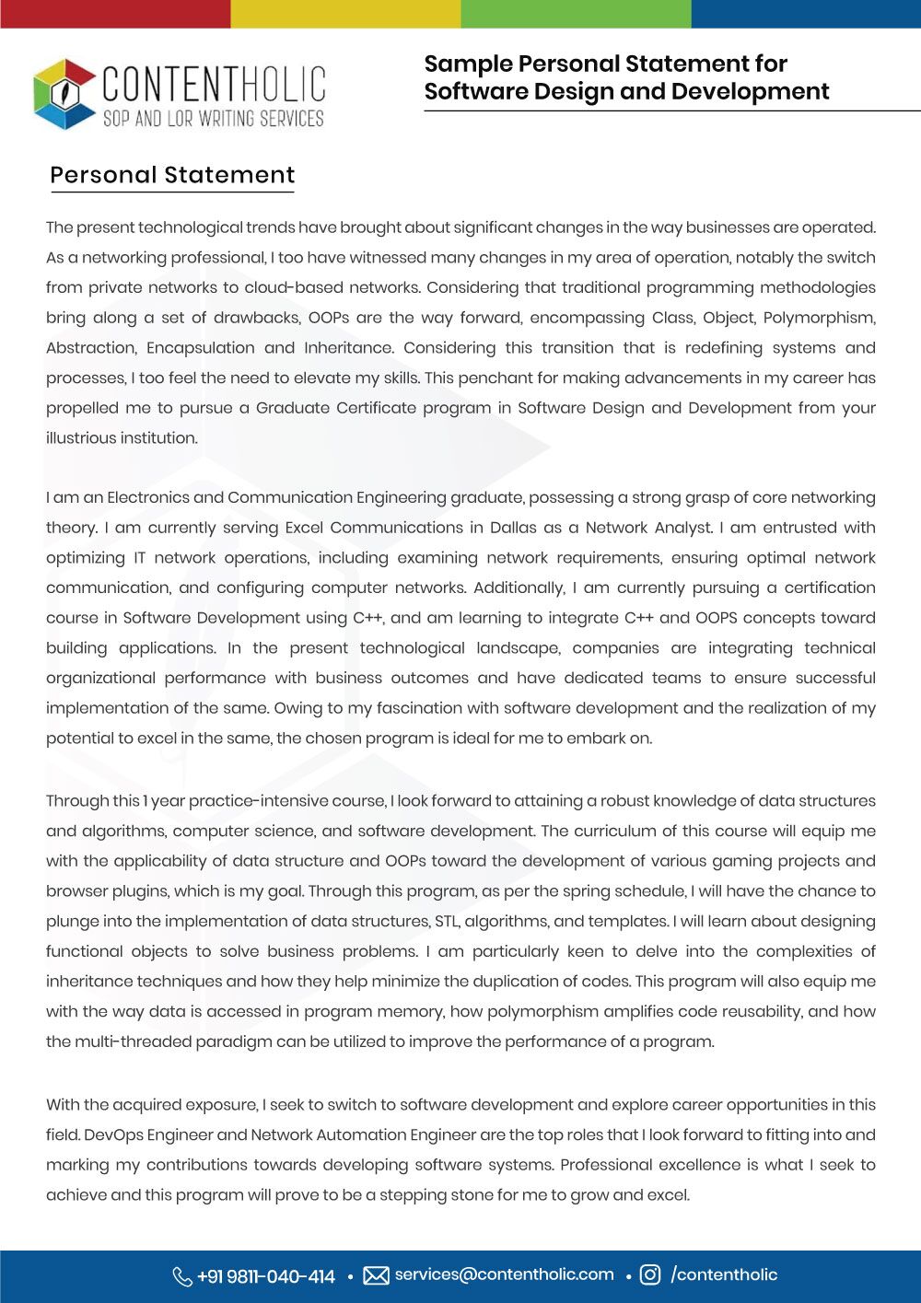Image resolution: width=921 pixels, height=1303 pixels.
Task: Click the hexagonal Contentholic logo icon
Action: point(64,93)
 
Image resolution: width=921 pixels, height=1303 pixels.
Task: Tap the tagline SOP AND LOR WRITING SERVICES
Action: point(213,119)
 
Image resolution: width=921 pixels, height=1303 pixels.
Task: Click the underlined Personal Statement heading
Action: point(172,175)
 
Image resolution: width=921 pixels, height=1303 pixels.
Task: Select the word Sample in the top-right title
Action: point(467,64)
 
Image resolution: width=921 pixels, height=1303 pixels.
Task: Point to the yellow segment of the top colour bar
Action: point(345,14)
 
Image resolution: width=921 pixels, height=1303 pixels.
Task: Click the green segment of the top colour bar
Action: point(576,14)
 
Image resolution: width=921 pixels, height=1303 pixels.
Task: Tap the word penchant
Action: point(506,378)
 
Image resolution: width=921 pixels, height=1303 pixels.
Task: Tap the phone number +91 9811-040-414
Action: point(266,1276)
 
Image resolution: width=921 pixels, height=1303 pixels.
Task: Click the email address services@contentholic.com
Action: point(504,1274)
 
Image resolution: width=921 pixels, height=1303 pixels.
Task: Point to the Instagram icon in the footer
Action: point(650,1274)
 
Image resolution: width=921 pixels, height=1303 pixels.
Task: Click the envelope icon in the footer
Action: point(376,1275)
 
